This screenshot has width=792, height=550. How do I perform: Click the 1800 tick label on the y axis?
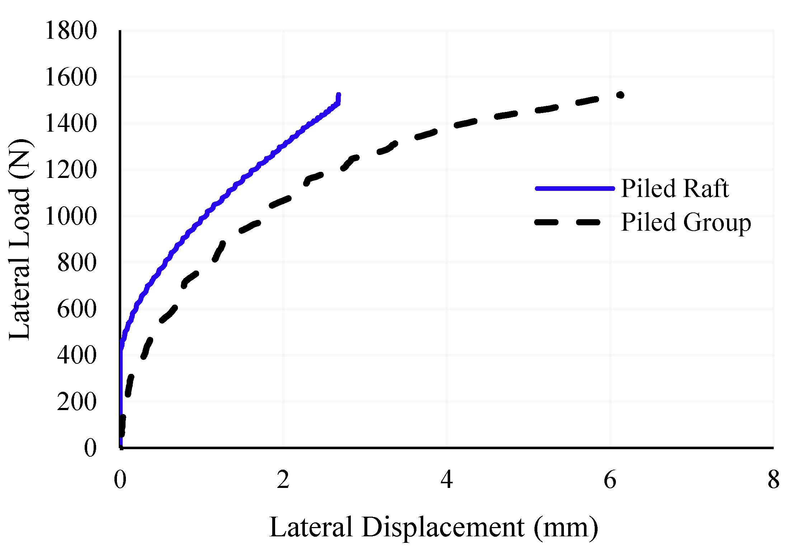pos(71,30)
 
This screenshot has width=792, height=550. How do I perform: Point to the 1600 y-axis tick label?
pos(71,77)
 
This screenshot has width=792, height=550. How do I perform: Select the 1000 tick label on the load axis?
pos(71,216)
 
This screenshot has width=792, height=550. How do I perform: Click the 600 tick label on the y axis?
pos(77,309)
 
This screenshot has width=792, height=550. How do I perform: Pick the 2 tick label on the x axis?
pos(283,480)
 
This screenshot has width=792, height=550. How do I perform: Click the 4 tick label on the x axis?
pos(447,480)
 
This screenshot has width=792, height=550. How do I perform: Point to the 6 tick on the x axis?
pos(610,480)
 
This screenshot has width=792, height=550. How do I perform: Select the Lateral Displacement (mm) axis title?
pos(433,527)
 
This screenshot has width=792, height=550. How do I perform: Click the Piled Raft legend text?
pos(675,188)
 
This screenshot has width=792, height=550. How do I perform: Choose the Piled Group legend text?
pos(685,222)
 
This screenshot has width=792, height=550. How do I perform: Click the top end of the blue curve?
pos(338,95)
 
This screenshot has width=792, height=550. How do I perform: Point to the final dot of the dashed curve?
pos(620,95)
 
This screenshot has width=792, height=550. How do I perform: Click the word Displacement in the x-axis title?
pos(443,527)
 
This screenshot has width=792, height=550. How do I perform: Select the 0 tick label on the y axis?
pos(90,448)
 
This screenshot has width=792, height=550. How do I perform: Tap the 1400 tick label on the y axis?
pos(71,123)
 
